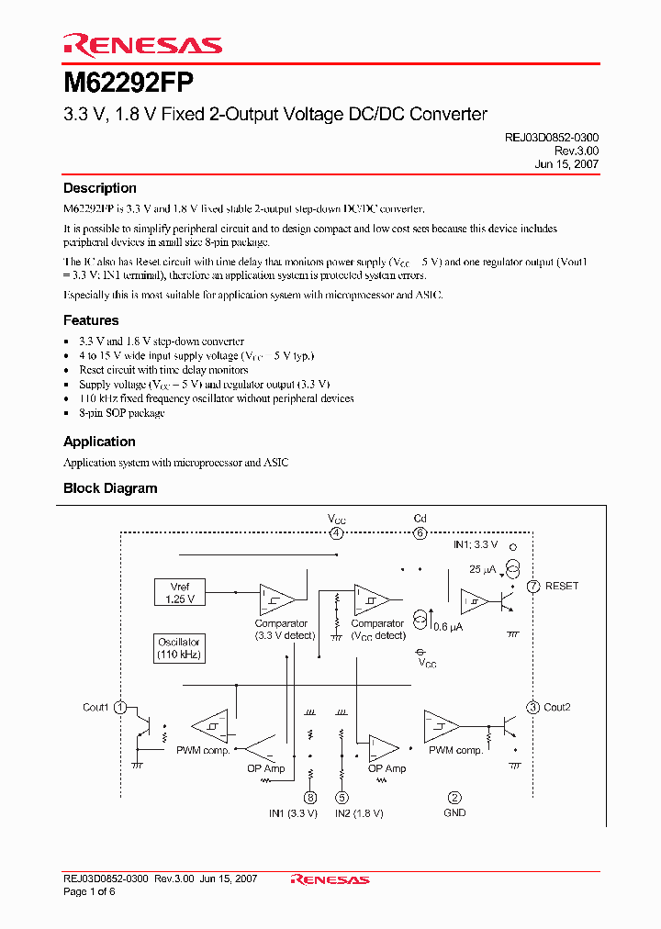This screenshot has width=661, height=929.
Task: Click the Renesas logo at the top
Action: [x=142, y=44]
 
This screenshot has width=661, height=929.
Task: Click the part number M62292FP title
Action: [x=129, y=83]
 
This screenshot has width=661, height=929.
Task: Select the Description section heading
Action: [x=100, y=188]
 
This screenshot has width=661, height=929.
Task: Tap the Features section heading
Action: [x=91, y=320]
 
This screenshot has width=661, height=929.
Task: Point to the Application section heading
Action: [x=99, y=442]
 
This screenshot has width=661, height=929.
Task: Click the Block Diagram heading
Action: [x=110, y=488]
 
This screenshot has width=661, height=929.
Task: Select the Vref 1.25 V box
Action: [x=179, y=592]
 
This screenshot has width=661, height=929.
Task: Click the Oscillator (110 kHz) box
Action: [x=179, y=648]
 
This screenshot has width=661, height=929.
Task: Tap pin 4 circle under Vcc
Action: [x=337, y=533]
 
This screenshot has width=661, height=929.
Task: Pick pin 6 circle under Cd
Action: [x=420, y=533]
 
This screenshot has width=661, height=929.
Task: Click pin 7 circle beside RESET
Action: [x=533, y=586]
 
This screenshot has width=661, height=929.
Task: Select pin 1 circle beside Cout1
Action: [x=120, y=707]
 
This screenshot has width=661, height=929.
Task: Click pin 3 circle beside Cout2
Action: [x=533, y=707]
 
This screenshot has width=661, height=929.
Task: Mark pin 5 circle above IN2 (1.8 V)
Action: [x=342, y=798]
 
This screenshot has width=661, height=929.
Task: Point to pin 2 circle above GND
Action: [x=454, y=798]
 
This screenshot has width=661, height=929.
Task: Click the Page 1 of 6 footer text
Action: [x=87, y=891]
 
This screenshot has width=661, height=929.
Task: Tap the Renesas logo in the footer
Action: [x=330, y=879]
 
